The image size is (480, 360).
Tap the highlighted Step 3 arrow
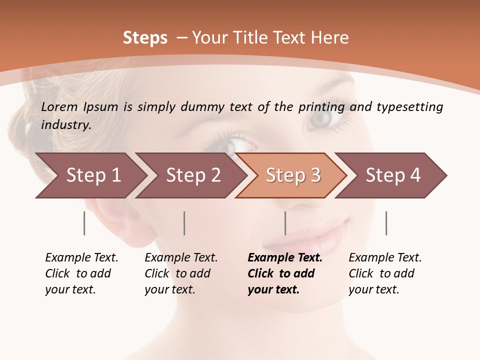[x=292, y=175]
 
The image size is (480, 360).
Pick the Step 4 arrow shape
[x=392, y=175]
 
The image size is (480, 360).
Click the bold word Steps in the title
[x=145, y=38]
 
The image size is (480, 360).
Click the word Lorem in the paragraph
[x=59, y=107]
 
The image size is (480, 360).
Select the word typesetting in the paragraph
[x=409, y=107]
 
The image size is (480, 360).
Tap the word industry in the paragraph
[x=65, y=125]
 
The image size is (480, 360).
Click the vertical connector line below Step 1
[x=84, y=223]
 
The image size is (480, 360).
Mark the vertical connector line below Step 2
[x=184, y=223]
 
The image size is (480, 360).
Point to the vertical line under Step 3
[x=285, y=223]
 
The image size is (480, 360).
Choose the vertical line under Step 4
[x=386, y=223]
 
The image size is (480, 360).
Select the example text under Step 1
[x=81, y=273]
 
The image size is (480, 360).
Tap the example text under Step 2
[x=180, y=273]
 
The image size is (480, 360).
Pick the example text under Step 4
[x=384, y=273]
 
